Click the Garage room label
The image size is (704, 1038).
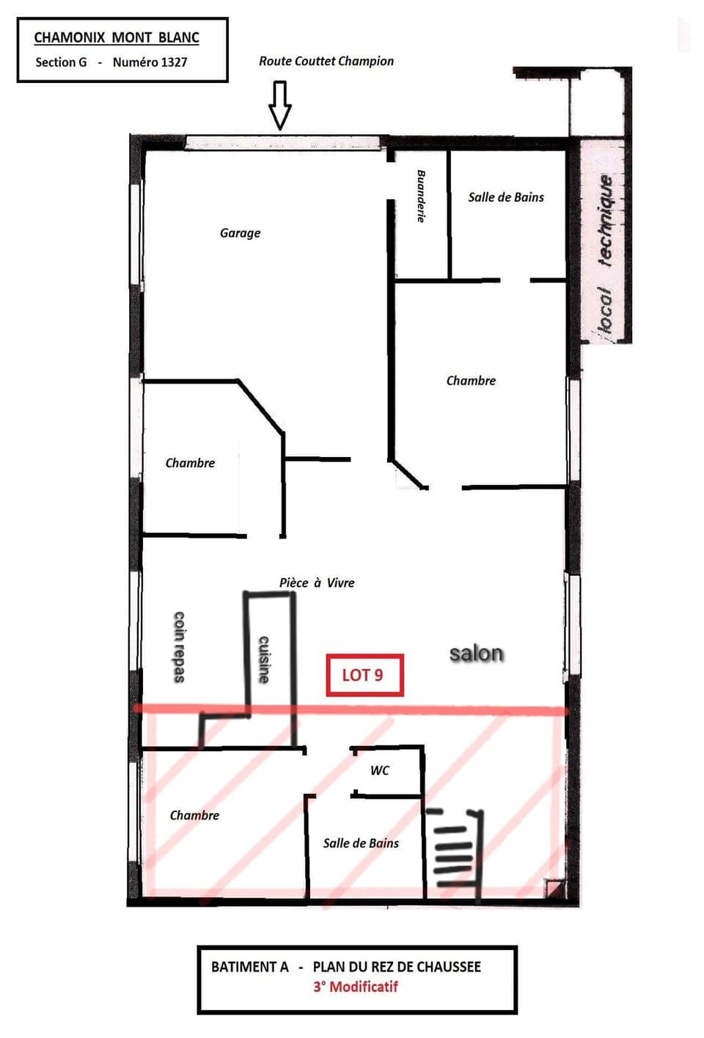[240, 233]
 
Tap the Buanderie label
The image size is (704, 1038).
[421, 196]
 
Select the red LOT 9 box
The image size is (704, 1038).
[364, 675]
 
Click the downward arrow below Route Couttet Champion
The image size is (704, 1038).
[280, 105]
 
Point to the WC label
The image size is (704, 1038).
[379, 770]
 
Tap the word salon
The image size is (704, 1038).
[476, 653]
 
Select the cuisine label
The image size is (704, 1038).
[264, 659]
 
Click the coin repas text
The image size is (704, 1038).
[178, 646]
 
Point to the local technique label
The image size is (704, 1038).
[604, 254]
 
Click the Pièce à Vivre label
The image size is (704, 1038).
[317, 582]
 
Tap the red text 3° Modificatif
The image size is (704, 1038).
[356, 987]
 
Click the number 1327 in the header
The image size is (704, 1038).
[173, 62]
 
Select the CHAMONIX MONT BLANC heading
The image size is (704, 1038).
[117, 37]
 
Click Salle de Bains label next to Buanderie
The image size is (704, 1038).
[506, 197]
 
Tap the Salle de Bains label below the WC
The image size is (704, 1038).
[361, 844]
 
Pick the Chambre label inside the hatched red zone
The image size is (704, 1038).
[194, 815]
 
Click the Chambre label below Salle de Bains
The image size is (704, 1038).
[471, 381]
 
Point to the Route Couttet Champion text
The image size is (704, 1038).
[326, 62]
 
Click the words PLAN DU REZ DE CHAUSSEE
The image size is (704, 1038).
[397, 967]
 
